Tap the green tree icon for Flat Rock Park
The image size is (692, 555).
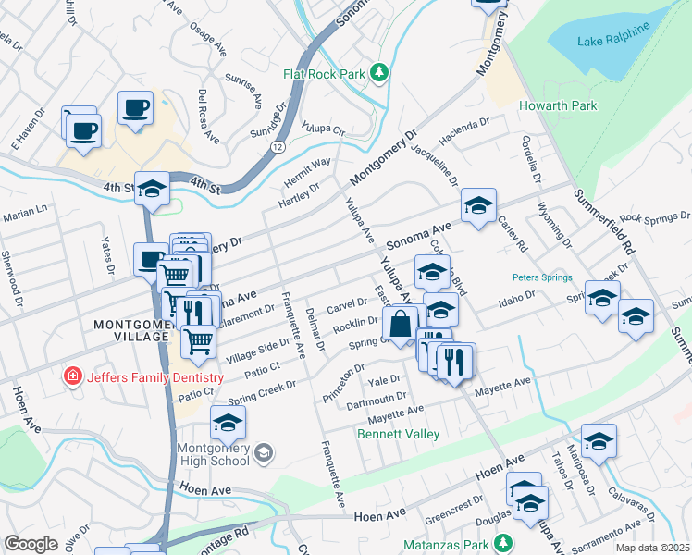pyautogui.click(x=377, y=72)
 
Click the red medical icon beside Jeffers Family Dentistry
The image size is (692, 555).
pyautogui.click(x=70, y=377)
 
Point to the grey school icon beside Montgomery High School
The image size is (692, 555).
pyautogui.click(x=264, y=452)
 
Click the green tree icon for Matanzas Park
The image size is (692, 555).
pyautogui.click(x=502, y=542)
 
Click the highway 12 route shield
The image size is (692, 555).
pyautogui.click(x=277, y=147)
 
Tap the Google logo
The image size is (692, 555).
pyautogui.click(x=31, y=543)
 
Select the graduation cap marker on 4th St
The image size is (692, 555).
pyautogui.click(x=152, y=190)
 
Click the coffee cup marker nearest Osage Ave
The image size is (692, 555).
pyautogui.click(x=135, y=107)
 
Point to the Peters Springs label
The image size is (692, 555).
pyautogui.click(x=542, y=277)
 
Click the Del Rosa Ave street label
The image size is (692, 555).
pyautogui.click(x=208, y=117)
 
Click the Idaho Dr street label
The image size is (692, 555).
pyautogui.click(x=518, y=298)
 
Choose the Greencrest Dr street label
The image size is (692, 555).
pyautogui.click(x=450, y=509)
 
